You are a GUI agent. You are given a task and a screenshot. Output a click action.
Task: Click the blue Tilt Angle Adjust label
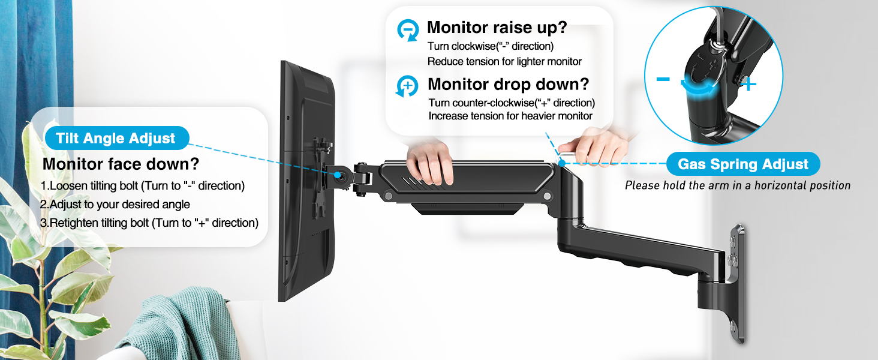tap(116, 139)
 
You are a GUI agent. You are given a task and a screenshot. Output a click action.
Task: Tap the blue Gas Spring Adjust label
tap(743, 164)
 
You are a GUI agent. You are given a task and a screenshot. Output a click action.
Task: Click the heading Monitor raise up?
tap(497, 28)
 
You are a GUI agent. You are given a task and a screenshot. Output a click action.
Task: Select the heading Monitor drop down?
tap(508, 84)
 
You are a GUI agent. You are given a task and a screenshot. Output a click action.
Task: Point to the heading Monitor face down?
tap(121, 164)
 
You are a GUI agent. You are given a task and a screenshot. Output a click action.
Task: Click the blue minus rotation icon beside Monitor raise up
tap(408, 30)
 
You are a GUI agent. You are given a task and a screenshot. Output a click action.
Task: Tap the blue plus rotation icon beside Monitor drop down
tap(407, 86)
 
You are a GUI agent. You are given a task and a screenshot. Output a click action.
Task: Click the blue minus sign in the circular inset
tap(663, 79)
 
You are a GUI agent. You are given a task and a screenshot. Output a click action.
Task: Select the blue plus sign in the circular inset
tap(750, 85)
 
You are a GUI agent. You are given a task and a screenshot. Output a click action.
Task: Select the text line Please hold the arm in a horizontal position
tap(738, 185)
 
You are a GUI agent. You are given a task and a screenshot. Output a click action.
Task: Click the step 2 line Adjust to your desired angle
tap(115, 205)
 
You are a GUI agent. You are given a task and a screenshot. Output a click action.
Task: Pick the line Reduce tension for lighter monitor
tap(504, 61)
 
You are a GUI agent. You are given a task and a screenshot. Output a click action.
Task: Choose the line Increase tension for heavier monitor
tap(510, 116)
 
